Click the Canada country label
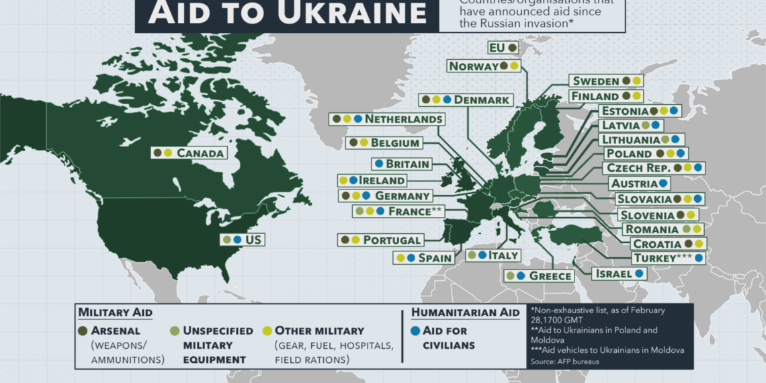tap(200, 153)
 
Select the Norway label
tap(473, 66)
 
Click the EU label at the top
tap(497, 48)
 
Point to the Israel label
tap(613, 273)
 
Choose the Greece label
tap(550, 275)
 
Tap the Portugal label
tap(392, 240)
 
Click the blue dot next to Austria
tap(663, 183)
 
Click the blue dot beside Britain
tap(379, 163)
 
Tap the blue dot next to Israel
tap(638, 273)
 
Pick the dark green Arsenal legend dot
tap(84, 331)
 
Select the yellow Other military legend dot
tap(267, 331)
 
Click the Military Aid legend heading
tap(115, 312)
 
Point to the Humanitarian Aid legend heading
tap(465, 312)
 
